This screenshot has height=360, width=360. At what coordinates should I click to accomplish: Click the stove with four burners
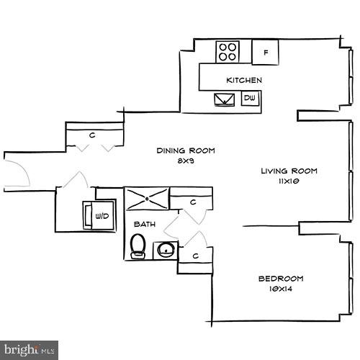229,51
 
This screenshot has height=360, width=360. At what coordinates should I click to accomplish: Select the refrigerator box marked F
266,52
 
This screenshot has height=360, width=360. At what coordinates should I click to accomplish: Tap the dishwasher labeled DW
251,99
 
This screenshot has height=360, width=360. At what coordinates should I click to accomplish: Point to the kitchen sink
223,99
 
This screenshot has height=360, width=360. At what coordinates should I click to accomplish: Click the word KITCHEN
243,80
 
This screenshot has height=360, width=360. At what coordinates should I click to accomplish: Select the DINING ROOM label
186,150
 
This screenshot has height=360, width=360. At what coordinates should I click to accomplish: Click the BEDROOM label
281,279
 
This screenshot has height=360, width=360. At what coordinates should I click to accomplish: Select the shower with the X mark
147,199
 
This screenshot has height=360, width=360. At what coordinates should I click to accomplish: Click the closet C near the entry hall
93,134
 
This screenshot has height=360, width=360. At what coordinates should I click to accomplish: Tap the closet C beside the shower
193,203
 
